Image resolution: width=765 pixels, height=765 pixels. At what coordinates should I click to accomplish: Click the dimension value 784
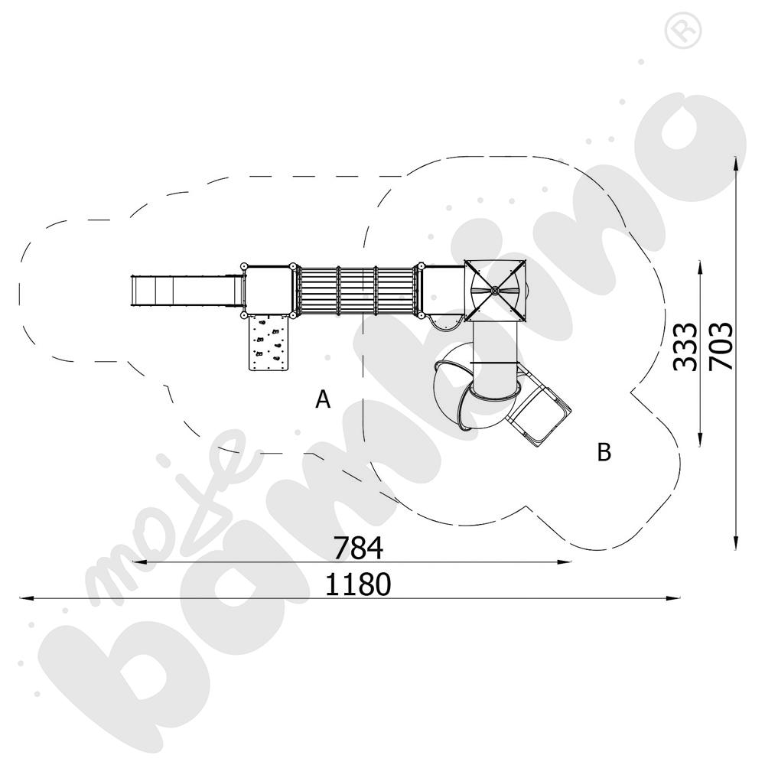tap(358, 548)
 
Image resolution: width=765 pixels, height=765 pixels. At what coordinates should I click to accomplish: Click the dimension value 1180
tap(358, 584)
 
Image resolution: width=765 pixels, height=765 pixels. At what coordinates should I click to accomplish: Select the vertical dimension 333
tap(685, 347)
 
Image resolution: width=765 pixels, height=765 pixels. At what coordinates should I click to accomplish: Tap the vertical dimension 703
tap(721, 346)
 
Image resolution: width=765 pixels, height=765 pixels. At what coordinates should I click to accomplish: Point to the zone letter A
tap(323, 399)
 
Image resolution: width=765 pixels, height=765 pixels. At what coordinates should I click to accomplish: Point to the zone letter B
tap(604, 452)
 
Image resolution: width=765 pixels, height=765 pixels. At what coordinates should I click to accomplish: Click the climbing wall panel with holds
tap(269, 343)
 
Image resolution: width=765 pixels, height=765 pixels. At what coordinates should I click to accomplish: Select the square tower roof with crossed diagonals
tap(496, 291)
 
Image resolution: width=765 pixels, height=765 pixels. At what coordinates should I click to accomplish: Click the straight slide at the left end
tap(187, 291)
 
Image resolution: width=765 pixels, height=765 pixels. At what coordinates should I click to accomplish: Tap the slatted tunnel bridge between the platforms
tap(356, 291)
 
